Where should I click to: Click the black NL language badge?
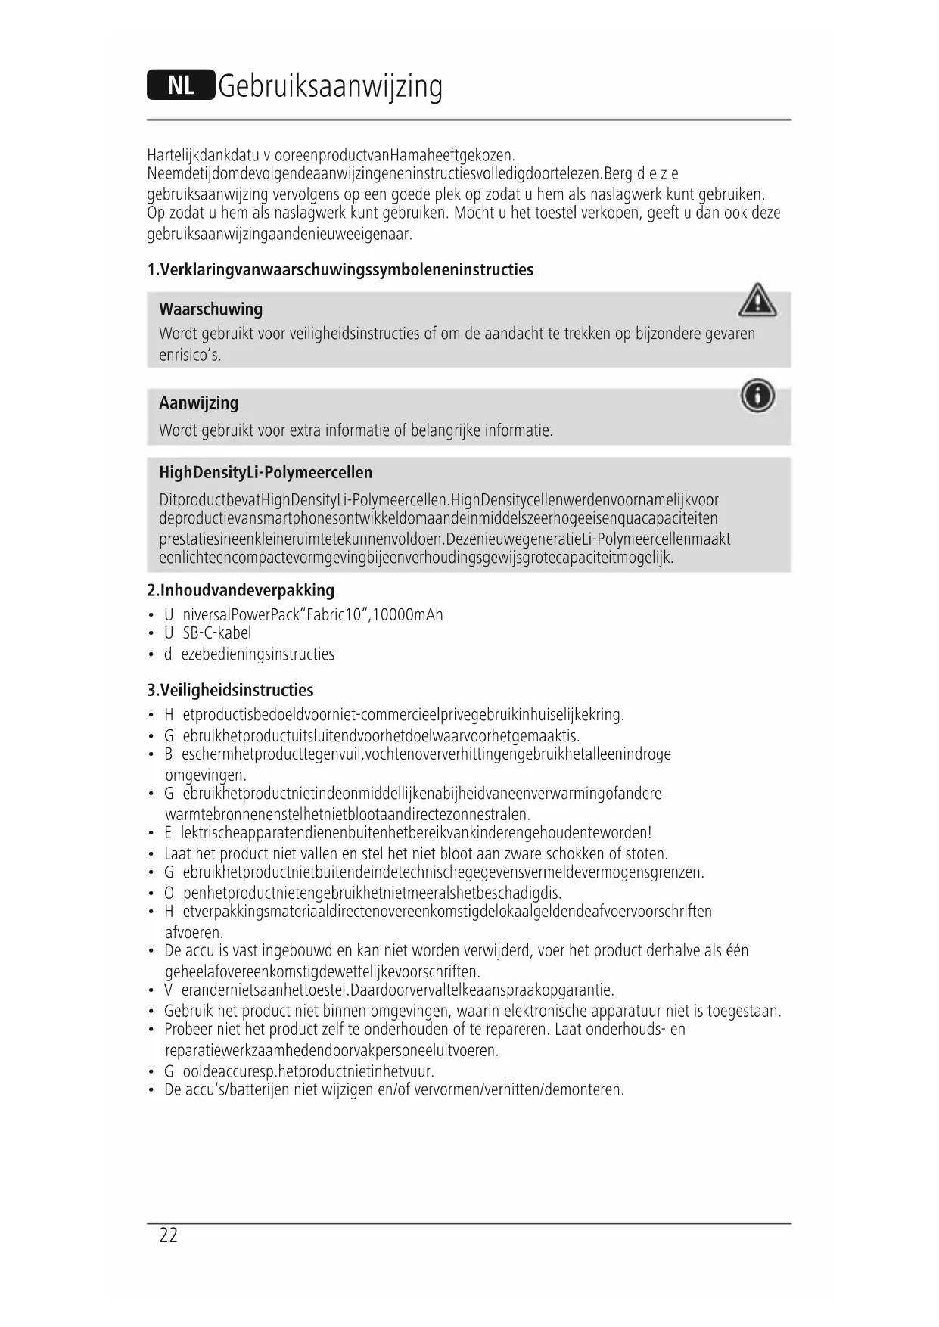click(x=181, y=85)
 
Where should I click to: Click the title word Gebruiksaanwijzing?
click(x=330, y=86)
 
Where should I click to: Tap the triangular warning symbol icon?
click(x=757, y=300)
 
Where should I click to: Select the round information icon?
click(x=757, y=396)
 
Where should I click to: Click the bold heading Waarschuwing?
click(x=210, y=309)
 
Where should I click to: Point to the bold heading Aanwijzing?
click(x=198, y=402)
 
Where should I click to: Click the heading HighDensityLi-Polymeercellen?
click(x=266, y=473)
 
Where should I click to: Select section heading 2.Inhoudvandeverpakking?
click(x=240, y=590)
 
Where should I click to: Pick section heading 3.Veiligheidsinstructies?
click(x=229, y=690)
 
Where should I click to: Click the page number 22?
click(x=169, y=1235)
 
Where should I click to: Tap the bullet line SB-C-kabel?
click(x=216, y=633)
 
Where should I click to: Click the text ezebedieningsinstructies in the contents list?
click(x=257, y=654)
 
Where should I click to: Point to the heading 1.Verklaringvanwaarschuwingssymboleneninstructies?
click(x=340, y=270)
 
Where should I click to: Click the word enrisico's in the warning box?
click(x=190, y=356)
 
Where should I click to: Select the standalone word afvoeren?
click(x=194, y=933)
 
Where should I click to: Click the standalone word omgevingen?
click(x=205, y=775)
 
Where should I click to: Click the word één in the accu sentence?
click(x=736, y=951)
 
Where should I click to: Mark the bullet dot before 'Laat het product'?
click(x=152, y=855)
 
